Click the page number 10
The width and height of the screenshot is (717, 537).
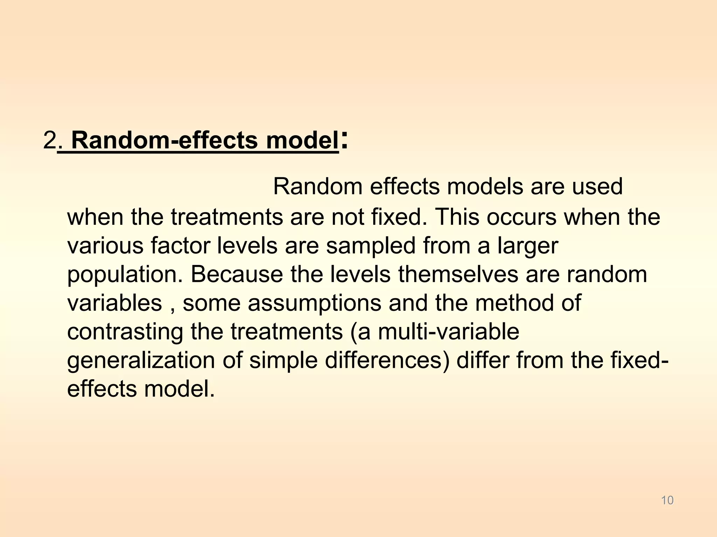667,500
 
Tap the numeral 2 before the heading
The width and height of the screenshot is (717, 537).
50,141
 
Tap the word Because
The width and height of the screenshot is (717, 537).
237,274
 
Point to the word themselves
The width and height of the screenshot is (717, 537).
458,274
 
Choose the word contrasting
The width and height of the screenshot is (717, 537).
125,332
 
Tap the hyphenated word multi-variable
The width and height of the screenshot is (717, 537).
448,331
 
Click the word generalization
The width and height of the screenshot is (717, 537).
141,361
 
